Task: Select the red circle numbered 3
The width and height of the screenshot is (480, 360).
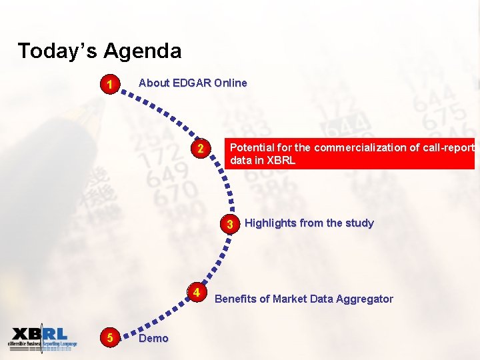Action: coord(230,224)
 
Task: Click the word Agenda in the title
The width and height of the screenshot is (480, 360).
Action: coord(142,51)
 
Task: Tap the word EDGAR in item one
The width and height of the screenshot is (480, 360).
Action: coord(192,83)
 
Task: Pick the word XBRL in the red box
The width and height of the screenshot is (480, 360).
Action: coord(280,161)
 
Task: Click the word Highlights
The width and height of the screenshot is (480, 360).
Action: coord(271,223)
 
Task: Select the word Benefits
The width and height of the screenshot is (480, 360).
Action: coord(235,299)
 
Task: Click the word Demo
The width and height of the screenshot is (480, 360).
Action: coord(153,339)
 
